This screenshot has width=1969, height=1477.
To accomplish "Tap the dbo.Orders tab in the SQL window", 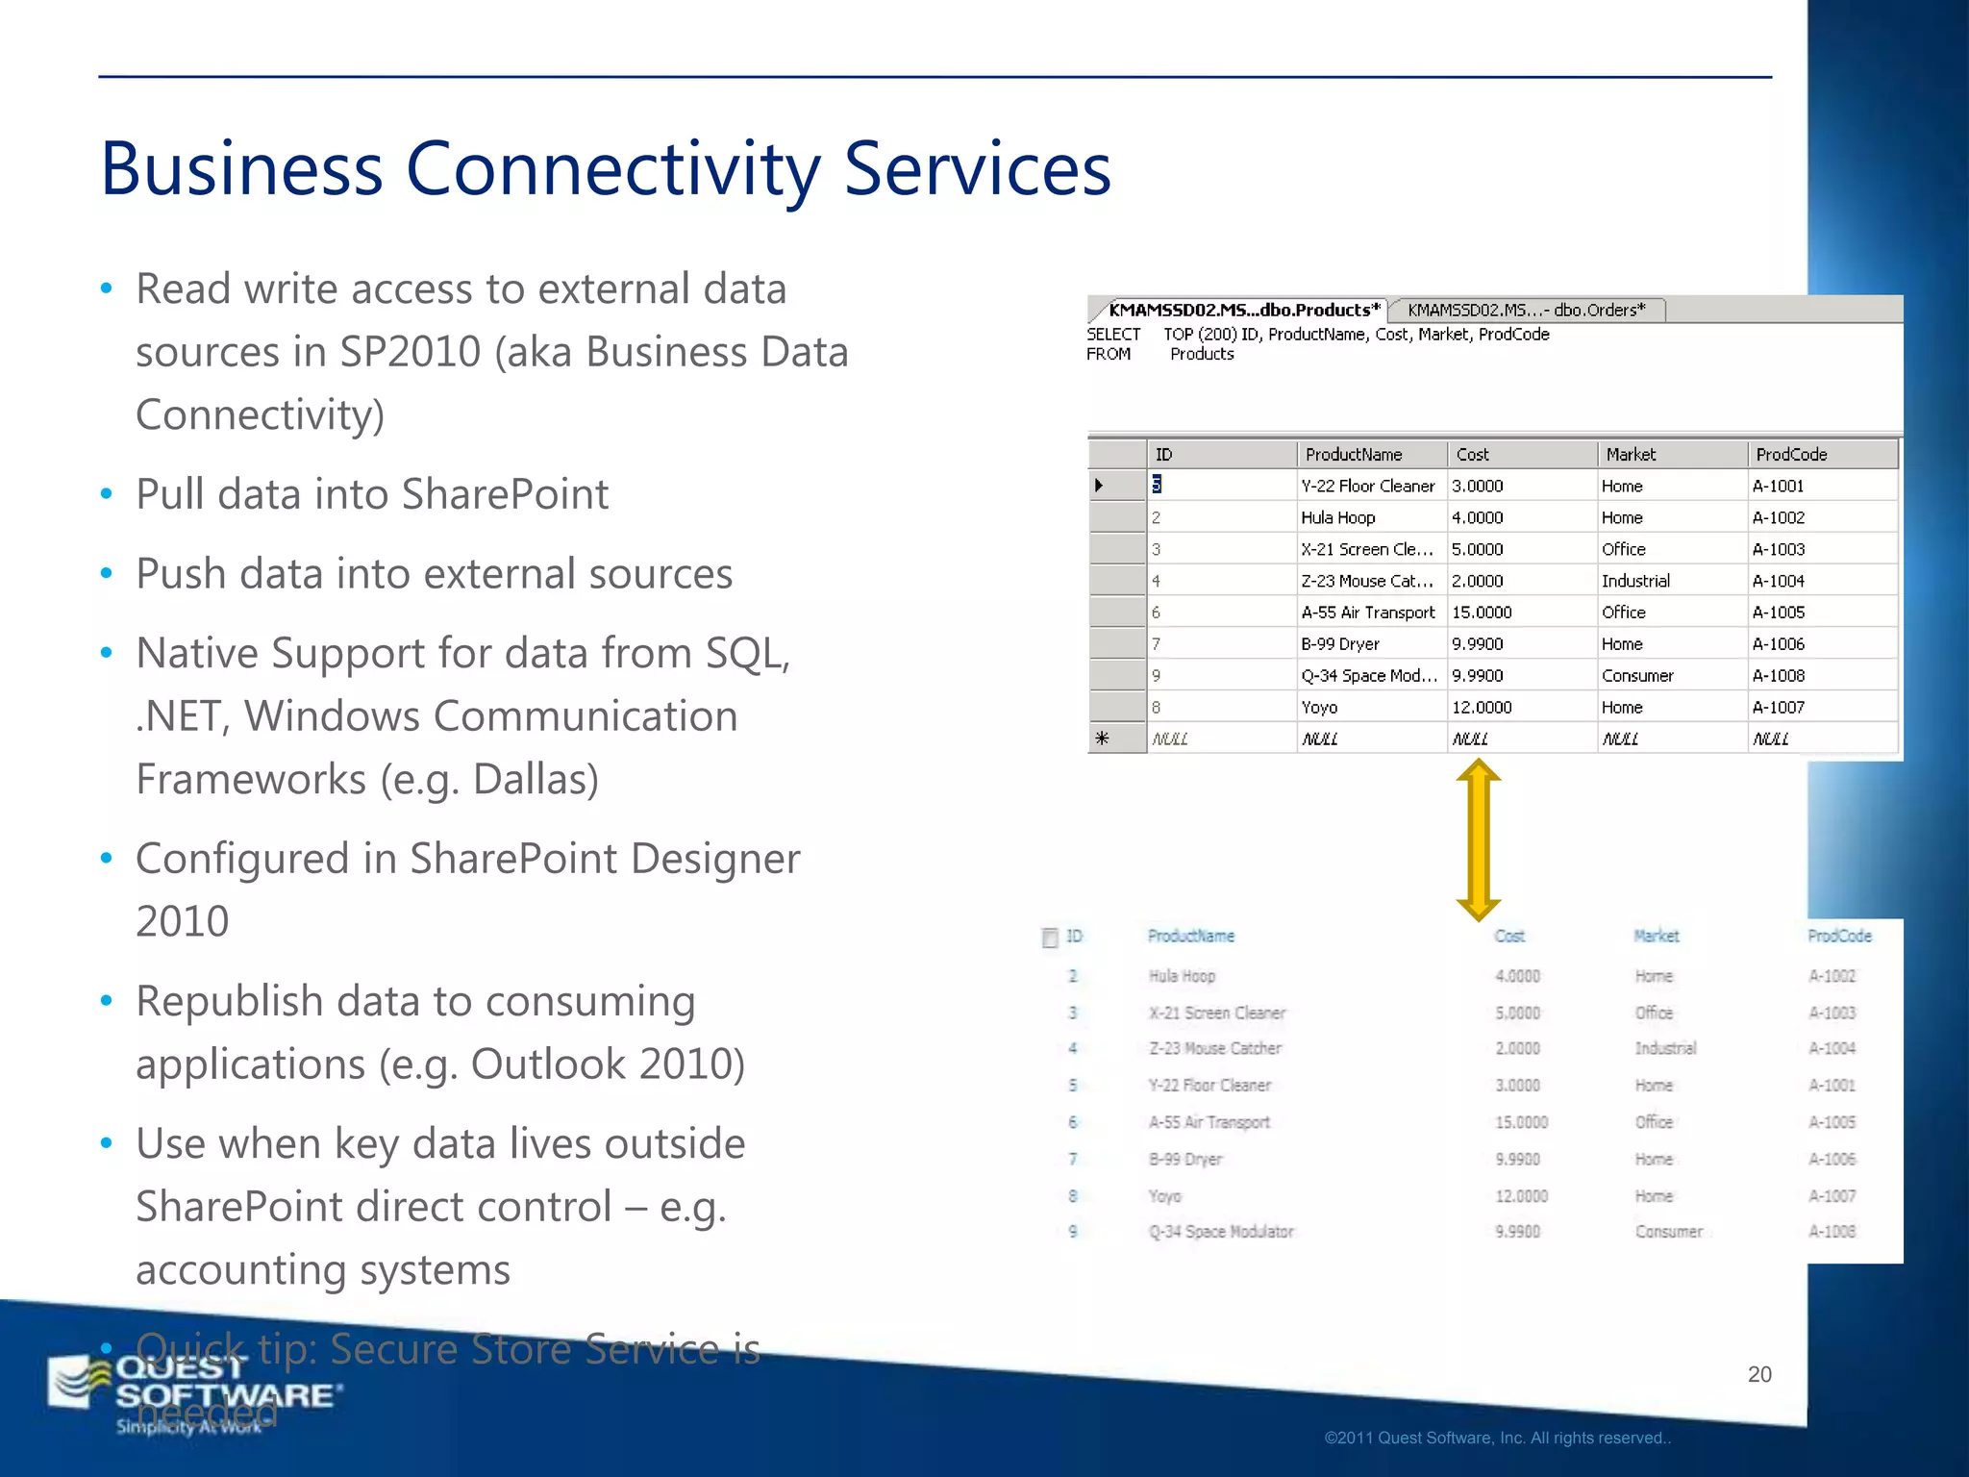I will coord(1526,310).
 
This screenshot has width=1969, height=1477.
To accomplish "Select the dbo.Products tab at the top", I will coord(1243,310).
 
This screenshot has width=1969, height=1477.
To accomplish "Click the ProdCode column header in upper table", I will coord(1790,454).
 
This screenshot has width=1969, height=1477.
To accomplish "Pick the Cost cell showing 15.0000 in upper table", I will coord(1482,613).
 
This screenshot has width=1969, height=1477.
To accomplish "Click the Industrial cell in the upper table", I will coord(1635,581).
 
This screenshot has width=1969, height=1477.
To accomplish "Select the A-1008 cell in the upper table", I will coord(1778,675).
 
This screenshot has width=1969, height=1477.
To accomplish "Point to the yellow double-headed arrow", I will coord(1478,839).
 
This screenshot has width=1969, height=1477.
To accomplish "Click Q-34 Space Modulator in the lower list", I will coord(1221,1232).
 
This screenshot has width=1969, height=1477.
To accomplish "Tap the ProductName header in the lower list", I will coord(1190,936).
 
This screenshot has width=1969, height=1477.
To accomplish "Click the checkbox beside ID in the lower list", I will coord(1050,938).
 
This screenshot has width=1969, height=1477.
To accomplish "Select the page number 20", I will coord(1758,1374).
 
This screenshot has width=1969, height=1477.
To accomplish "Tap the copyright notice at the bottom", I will coord(1497,1439).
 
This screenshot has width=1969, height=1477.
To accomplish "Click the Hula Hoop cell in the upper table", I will coord(1337,517).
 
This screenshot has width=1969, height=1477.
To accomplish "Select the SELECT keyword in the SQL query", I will coord(1113,334).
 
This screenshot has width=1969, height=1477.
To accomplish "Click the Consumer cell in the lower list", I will coord(1668,1232).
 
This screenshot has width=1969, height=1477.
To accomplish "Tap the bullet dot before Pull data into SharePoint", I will coord(107,494).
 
